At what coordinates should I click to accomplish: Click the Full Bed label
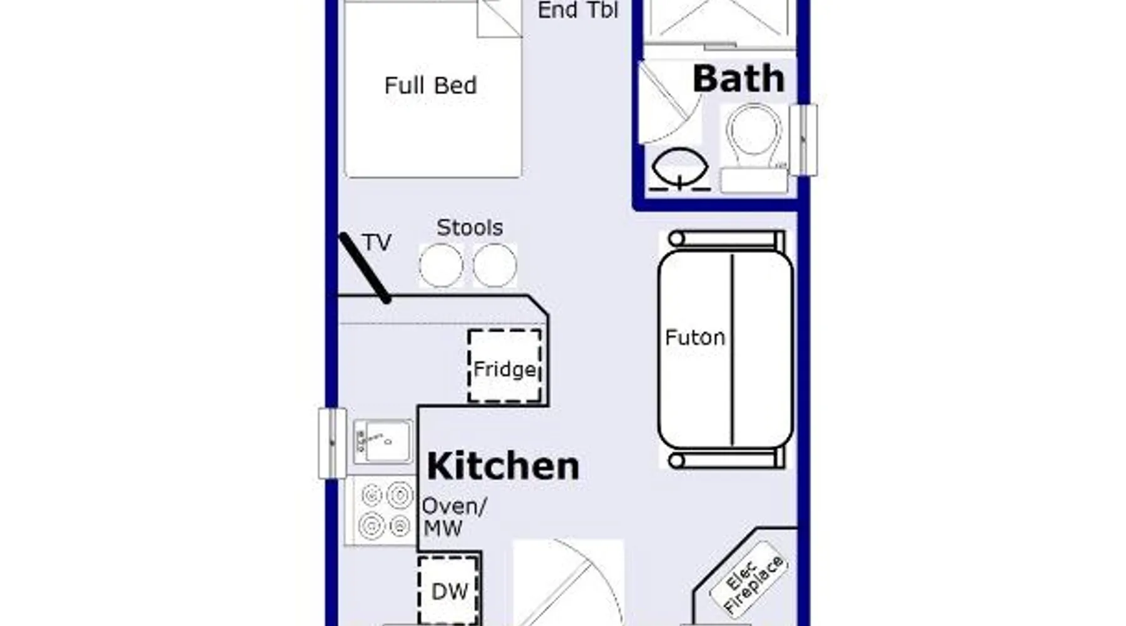coord(430,85)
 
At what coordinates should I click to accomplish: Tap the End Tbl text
coord(578,10)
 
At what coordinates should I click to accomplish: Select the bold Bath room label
coord(738,79)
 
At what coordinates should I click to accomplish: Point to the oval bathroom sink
coord(679,167)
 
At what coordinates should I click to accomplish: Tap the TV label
coord(377,242)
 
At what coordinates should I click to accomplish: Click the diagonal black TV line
coord(365,268)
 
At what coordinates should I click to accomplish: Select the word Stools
coord(470,227)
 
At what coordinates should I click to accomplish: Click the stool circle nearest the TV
coord(441,265)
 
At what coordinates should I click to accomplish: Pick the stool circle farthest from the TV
coord(495,265)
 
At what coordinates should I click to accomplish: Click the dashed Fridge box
coord(505,366)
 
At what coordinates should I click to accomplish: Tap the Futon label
coord(695,337)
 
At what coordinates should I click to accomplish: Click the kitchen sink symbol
coord(382,441)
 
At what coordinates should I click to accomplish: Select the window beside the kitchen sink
coord(332,444)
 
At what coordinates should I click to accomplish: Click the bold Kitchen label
coord(503,466)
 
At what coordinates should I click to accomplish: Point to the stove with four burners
coord(381,510)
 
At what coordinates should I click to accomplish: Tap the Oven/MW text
coord(454,517)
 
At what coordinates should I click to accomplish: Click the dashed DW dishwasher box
coord(449,590)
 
